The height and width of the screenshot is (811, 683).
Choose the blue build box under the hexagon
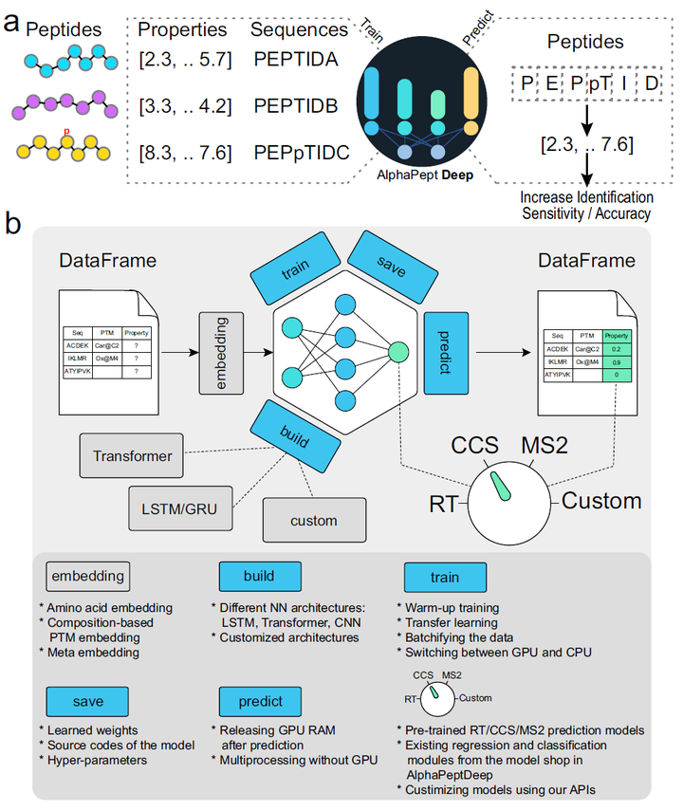(x=295, y=433)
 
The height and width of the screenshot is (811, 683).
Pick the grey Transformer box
(x=133, y=456)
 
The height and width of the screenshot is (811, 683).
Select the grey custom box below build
(x=313, y=521)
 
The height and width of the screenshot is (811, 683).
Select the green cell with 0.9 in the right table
(x=616, y=362)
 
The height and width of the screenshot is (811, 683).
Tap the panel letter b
(x=15, y=225)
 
